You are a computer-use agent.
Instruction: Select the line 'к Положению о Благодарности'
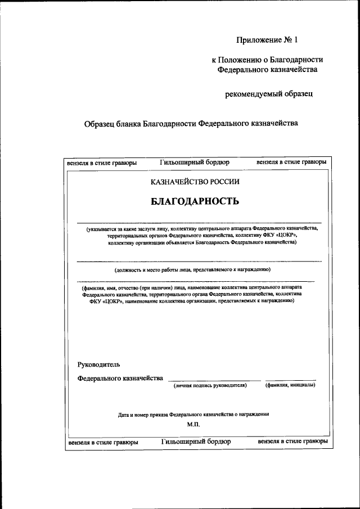(x=267, y=60)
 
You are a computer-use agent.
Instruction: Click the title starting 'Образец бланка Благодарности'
(x=190, y=124)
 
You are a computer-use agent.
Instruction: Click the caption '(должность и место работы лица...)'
(x=193, y=269)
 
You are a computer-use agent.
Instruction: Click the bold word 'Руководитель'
(x=98, y=365)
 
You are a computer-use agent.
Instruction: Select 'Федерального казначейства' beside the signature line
(x=120, y=378)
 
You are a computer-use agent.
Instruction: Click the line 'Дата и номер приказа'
(x=193, y=414)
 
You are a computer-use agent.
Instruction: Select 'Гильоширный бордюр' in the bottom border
(x=196, y=442)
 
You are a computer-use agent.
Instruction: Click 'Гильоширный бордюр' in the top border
(x=195, y=162)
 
